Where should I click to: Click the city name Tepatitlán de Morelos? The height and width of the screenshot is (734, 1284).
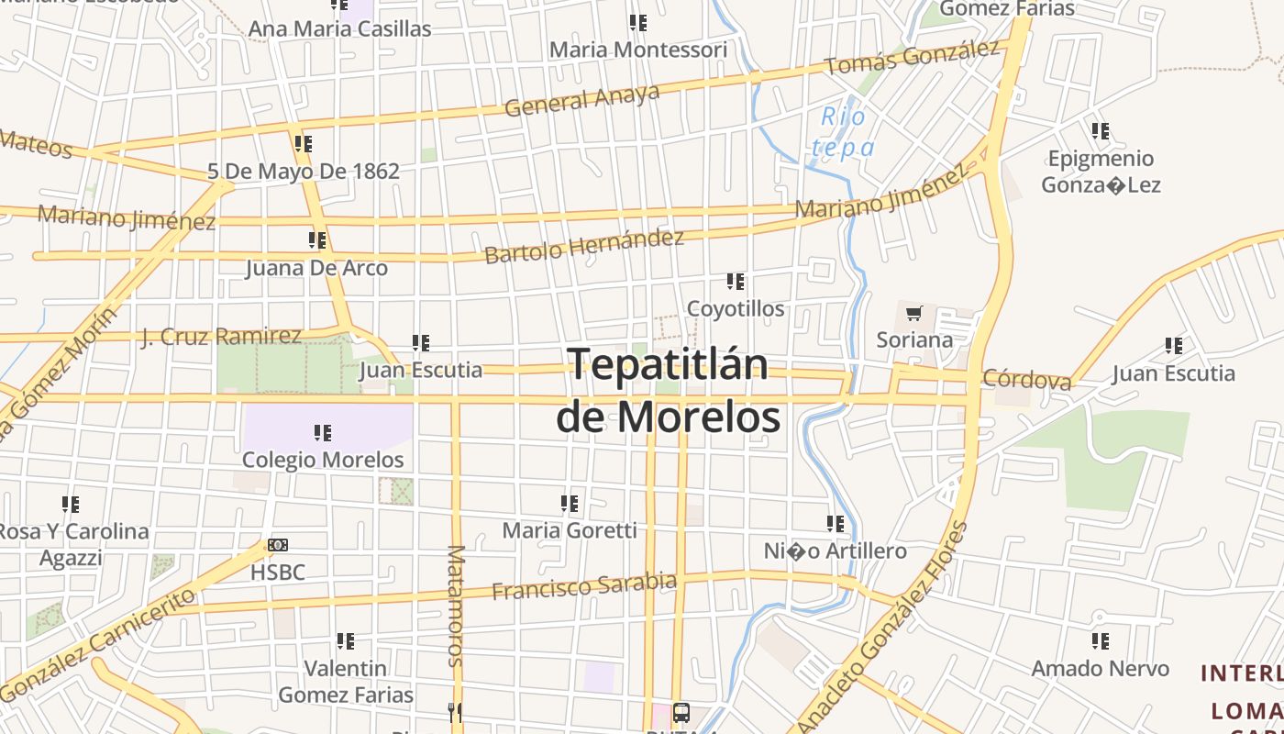[x=668, y=391]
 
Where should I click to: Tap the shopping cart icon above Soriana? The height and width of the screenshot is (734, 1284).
[x=913, y=314]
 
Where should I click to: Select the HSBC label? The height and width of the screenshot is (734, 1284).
[x=278, y=573]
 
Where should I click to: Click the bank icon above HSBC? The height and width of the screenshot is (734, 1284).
[x=278, y=545]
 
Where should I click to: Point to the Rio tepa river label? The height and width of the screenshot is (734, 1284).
[x=843, y=132]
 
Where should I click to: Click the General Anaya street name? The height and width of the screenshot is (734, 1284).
[x=582, y=100]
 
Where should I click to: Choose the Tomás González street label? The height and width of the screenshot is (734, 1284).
[x=912, y=58]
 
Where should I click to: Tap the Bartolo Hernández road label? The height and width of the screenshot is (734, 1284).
[x=584, y=246]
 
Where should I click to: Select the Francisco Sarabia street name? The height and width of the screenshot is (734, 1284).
[x=584, y=585]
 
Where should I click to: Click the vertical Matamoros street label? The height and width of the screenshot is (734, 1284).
[x=456, y=606]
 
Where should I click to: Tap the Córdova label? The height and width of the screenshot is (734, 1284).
[x=1026, y=379]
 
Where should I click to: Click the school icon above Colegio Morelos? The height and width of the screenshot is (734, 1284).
[x=322, y=432]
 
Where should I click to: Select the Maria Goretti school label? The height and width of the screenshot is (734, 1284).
[x=570, y=530]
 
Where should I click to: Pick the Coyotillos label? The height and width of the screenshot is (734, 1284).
[x=736, y=308]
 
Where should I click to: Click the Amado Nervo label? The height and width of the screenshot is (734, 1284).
[x=1100, y=668]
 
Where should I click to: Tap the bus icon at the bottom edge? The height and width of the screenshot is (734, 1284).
[x=681, y=713]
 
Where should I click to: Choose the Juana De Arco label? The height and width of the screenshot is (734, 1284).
[x=316, y=268]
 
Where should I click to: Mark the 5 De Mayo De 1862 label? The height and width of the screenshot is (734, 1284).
[x=304, y=171]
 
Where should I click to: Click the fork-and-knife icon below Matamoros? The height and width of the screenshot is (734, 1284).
[x=455, y=712]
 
